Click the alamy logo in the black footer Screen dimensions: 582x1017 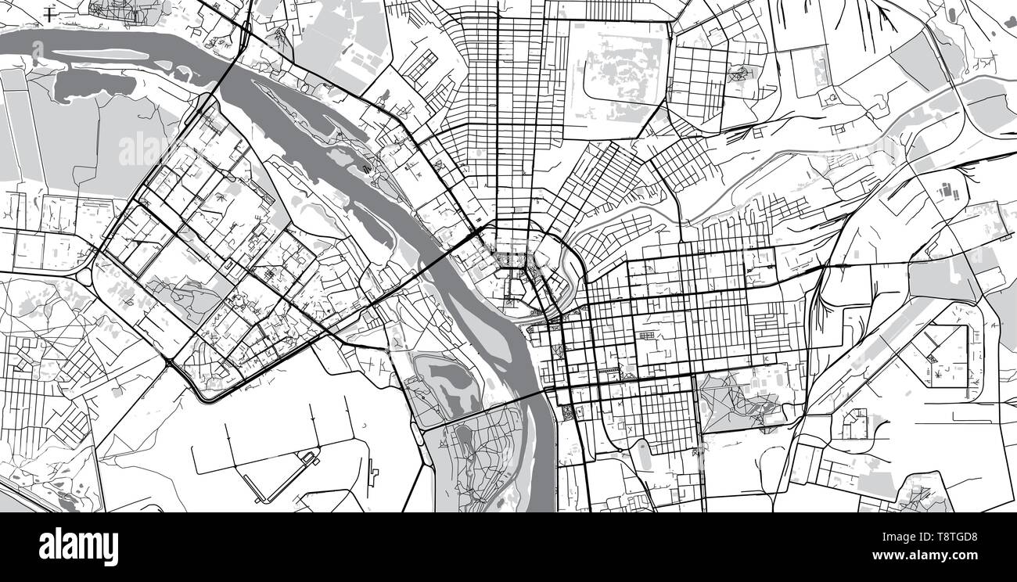pyautogui.click(x=78, y=546)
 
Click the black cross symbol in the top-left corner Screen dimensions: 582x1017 pyautogui.click(x=50, y=13)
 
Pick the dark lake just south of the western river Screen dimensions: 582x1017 pyautogui.click(x=94, y=81)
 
